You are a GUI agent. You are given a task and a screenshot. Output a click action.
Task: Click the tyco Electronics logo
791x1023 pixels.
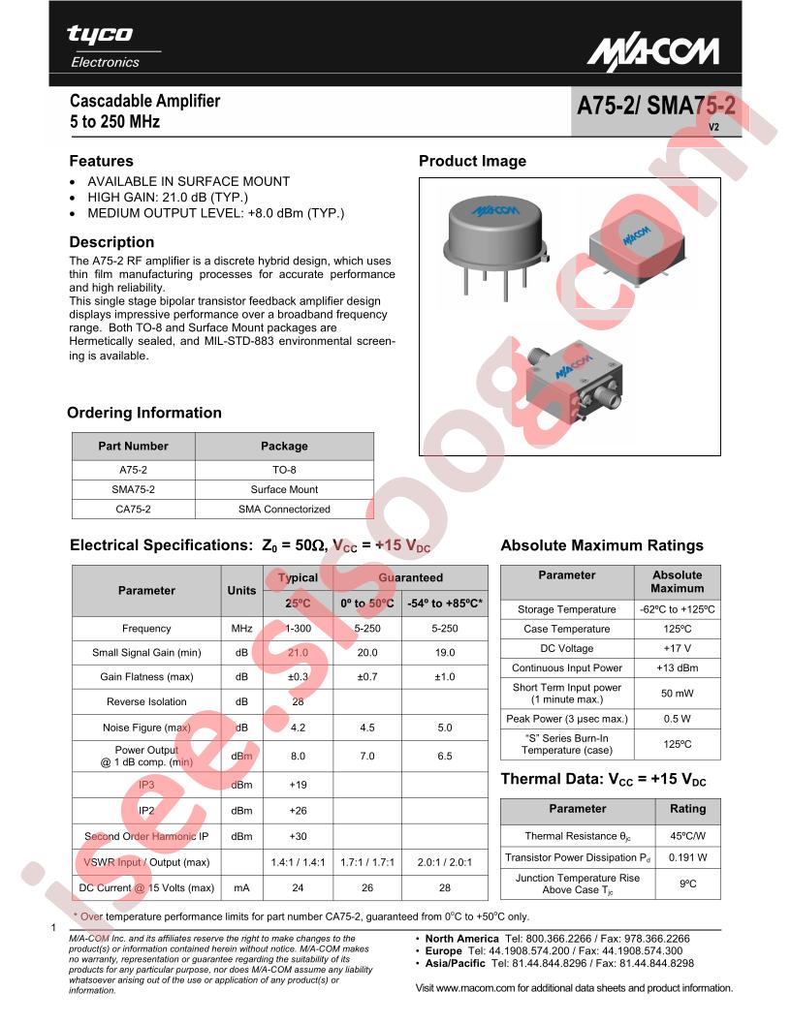click(x=101, y=46)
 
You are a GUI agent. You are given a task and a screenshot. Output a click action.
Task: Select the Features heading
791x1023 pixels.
click(x=101, y=162)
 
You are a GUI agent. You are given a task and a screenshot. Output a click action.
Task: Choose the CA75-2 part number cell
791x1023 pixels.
click(x=133, y=510)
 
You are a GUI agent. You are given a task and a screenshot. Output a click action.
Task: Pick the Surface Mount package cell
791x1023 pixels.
click(x=284, y=490)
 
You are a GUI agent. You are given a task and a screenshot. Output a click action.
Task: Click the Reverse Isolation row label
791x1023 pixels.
click(x=146, y=701)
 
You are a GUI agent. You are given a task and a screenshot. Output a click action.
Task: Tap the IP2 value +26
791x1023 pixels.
click(x=298, y=811)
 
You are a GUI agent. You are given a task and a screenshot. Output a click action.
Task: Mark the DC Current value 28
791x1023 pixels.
click(x=444, y=887)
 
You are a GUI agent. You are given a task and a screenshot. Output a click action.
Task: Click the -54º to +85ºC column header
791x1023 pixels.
click(x=444, y=604)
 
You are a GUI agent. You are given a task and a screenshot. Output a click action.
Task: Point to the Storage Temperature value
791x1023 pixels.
click(x=678, y=609)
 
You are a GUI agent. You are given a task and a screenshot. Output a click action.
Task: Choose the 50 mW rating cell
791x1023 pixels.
click(x=678, y=694)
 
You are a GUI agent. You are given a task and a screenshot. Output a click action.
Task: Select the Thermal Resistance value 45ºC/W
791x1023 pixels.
click(x=687, y=836)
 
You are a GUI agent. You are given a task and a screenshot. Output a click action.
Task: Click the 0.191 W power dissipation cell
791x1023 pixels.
click(x=687, y=857)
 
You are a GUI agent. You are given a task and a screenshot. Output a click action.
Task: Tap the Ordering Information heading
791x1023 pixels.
click(x=144, y=414)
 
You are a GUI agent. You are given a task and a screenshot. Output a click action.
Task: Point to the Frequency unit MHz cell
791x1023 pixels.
click(x=241, y=629)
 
